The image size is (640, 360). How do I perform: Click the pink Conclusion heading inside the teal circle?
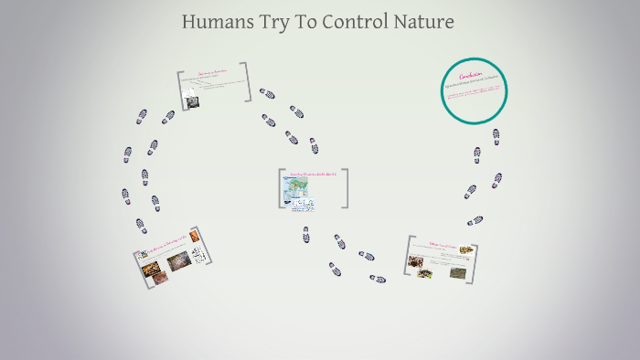[x=471, y=75]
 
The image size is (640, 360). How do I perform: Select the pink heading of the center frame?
[x=312, y=174]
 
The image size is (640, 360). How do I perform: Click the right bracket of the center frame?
[x=345, y=188]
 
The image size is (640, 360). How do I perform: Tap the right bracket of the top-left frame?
[x=247, y=83]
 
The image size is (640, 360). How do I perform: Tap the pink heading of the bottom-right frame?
[x=440, y=244]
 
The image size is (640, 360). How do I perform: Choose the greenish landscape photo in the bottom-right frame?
[x=456, y=270]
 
